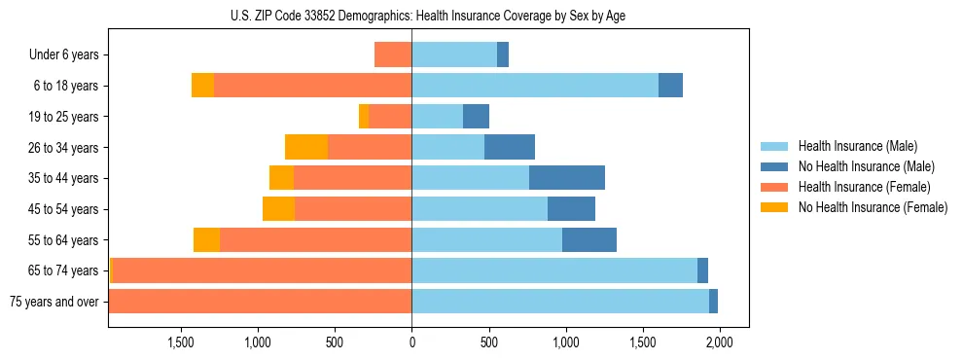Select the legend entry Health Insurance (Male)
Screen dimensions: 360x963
click(x=856, y=147)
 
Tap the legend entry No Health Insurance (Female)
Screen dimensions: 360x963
click(x=873, y=207)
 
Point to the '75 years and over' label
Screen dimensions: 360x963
click(x=53, y=302)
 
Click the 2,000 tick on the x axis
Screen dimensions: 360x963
click(x=719, y=342)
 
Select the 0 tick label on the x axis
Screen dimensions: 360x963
click(x=411, y=342)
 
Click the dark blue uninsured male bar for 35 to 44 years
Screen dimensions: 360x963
click(x=567, y=178)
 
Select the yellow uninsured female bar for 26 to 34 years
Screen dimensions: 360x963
click(x=306, y=147)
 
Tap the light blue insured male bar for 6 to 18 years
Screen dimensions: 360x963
click(x=535, y=86)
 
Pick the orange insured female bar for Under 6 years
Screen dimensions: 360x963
click(x=393, y=54)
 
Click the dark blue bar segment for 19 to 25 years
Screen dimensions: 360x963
click(x=476, y=117)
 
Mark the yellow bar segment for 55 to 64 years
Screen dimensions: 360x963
click(x=206, y=239)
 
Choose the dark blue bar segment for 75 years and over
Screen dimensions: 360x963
click(x=713, y=302)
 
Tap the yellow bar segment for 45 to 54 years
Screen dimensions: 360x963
click(x=278, y=209)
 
